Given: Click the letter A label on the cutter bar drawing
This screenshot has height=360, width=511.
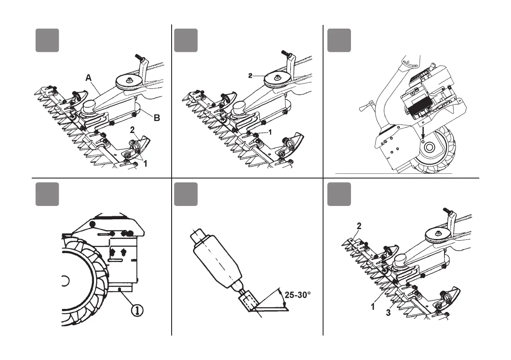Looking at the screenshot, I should pos(88,78).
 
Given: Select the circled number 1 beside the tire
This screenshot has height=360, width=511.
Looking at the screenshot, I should pos(139,309).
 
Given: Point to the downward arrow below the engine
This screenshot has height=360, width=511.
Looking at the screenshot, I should pos(423,131).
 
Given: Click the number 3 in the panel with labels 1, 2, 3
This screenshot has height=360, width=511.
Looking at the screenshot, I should pos(388,313).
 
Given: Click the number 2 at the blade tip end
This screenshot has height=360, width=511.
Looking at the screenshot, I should pos(359,225).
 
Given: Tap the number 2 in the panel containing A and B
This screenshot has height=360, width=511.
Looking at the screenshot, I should pos(133,129).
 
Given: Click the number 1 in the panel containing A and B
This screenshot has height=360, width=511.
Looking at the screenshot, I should pos(145,163).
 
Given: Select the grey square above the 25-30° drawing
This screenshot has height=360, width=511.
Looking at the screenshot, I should pos(186,194).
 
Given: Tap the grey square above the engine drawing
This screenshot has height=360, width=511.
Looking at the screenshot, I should pos(339,40).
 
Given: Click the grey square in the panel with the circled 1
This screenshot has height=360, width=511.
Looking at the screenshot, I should pos(47,194).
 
